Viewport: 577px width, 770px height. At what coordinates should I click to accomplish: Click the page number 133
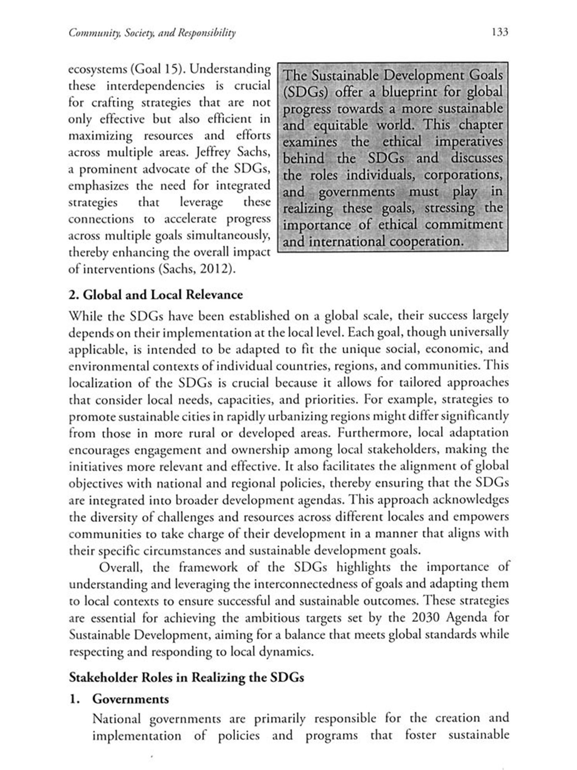pos(500,32)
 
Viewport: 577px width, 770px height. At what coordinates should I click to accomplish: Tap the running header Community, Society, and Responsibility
pos(152,33)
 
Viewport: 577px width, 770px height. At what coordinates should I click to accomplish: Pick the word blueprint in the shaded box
pos(410,92)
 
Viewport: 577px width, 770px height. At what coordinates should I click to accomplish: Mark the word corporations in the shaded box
pos(463,175)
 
